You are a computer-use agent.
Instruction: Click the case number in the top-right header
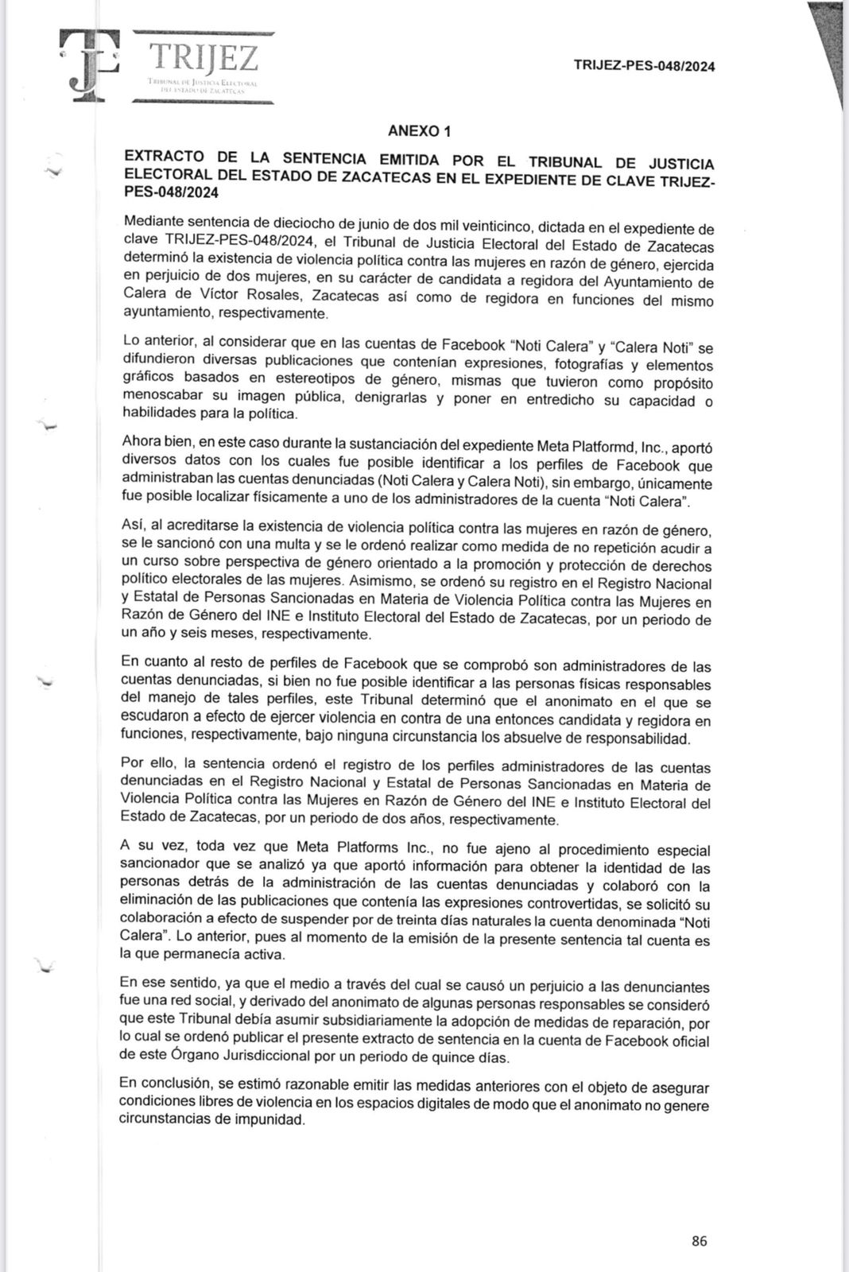pos(643,66)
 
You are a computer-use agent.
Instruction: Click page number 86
pos(699,1241)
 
